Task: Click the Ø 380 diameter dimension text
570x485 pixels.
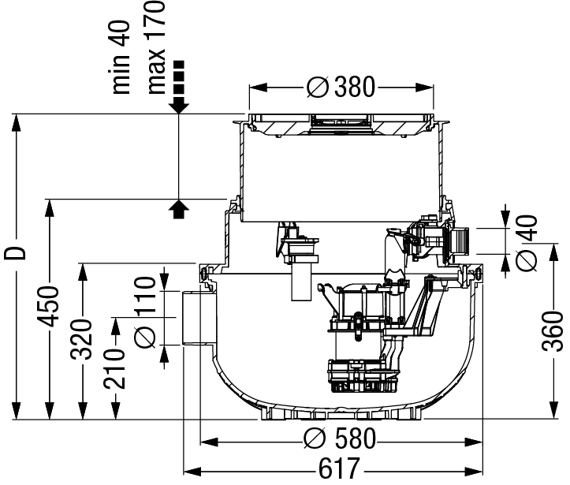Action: (x=341, y=88)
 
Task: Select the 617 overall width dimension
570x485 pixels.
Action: (x=339, y=468)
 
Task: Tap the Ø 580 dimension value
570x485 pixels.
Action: (x=340, y=438)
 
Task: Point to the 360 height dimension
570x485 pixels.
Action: (x=552, y=331)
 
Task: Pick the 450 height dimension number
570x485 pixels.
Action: (x=48, y=306)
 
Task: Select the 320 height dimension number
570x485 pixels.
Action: (x=81, y=339)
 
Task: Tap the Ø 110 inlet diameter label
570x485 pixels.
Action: (x=145, y=312)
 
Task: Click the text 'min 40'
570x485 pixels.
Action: (x=121, y=58)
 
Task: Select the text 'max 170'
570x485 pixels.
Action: (x=156, y=47)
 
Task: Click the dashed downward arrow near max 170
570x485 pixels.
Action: (x=179, y=87)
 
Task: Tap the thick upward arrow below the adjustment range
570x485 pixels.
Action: (x=179, y=209)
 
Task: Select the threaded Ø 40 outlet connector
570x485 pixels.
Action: (x=459, y=241)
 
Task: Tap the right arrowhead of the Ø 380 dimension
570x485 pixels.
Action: (x=424, y=88)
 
